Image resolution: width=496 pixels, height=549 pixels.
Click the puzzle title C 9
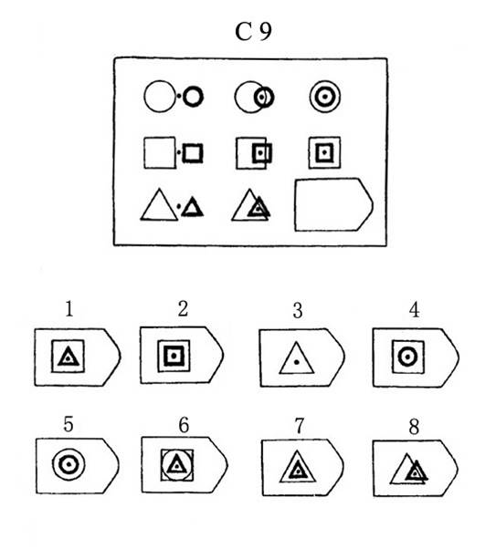pyautogui.click(x=253, y=32)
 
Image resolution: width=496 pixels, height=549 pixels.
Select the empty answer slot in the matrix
pyautogui.click(x=333, y=205)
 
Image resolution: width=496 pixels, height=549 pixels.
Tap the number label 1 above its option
pyautogui.click(x=69, y=309)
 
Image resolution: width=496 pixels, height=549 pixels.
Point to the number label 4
pyautogui.click(x=415, y=310)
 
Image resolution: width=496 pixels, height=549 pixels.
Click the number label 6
pyautogui.click(x=184, y=425)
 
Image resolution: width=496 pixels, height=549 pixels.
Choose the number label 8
pyautogui.click(x=414, y=427)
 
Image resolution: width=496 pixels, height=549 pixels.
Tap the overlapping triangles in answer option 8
pyautogui.click(x=408, y=469)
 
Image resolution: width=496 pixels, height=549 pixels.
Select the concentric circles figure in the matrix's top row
pyautogui.click(x=325, y=97)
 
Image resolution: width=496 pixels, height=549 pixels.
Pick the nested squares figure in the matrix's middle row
pyautogui.click(x=324, y=152)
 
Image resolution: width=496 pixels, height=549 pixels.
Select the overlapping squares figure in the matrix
pyautogui.click(x=254, y=153)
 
